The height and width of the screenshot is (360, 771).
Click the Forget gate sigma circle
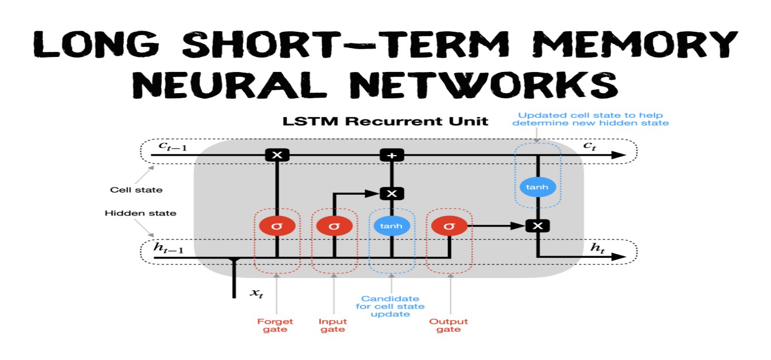click(277, 226)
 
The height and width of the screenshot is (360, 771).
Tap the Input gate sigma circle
click(334, 226)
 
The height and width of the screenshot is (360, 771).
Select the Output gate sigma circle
click(449, 226)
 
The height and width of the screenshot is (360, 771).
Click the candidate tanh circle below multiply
click(391, 226)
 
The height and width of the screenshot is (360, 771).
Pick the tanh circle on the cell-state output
click(537, 187)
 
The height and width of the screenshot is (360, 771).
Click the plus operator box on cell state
click(392, 155)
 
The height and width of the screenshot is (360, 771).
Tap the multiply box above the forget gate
click(277, 155)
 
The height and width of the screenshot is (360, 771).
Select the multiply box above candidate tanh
click(391, 194)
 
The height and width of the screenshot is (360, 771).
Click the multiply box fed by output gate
click(538, 226)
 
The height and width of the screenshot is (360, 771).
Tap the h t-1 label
click(168, 248)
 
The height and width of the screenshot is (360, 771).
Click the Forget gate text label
click(275, 325)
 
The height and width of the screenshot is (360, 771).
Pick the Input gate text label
click(333, 325)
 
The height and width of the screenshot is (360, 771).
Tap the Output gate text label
click(448, 325)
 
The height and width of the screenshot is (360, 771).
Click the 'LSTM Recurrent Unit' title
click(385, 121)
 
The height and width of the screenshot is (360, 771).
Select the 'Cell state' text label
click(136, 190)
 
